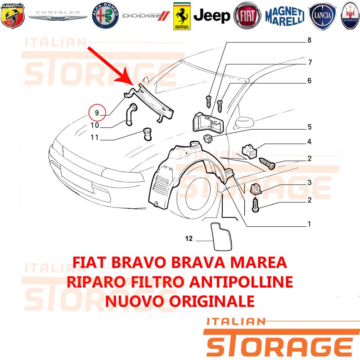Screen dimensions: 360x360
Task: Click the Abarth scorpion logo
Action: (x=13, y=16)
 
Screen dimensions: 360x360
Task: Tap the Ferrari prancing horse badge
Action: (x=182, y=16)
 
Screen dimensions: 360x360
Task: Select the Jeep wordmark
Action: (x=211, y=16)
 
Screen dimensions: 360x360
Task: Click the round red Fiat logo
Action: (x=247, y=16)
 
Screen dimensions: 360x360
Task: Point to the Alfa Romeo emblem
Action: (x=105, y=16)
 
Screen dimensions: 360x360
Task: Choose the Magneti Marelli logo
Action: (x=285, y=16)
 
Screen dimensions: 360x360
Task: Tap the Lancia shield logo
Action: (x=322, y=16)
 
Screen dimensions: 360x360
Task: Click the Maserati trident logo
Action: (x=351, y=16)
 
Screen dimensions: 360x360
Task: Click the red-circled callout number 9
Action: (x=97, y=113)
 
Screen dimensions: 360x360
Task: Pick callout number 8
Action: (x=309, y=40)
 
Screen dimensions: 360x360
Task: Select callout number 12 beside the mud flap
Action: (x=189, y=238)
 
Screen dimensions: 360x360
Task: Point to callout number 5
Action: (x=310, y=127)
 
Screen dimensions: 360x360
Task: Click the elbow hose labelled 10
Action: (x=131, y=114)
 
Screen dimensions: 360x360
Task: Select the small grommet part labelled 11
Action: (x=147, y=134)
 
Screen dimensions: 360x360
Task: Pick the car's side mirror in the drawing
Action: (x=245, y=122)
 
